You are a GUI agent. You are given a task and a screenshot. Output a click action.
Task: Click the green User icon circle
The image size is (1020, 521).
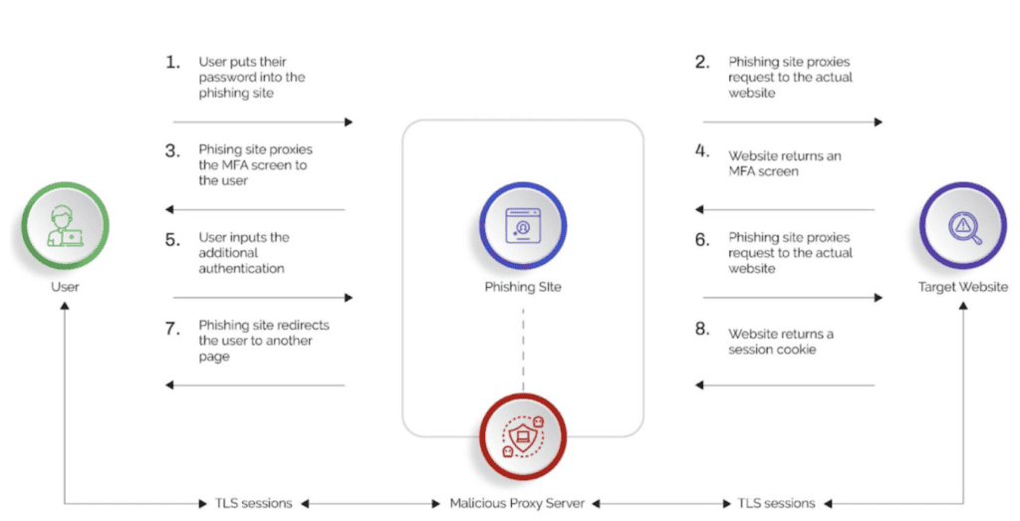point(65,228)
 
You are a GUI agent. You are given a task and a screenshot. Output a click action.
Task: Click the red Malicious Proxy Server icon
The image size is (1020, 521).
point(522,436)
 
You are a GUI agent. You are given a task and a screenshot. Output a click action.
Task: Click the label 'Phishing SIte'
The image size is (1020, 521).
point(522,288)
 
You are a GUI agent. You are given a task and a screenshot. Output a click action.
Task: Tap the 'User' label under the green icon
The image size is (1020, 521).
point(65,287)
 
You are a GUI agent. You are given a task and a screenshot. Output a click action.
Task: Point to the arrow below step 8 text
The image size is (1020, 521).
point(786,385)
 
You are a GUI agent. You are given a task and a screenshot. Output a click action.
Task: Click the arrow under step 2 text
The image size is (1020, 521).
point(792,122)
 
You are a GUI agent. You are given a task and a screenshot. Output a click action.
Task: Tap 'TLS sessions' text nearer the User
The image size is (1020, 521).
point(254,503)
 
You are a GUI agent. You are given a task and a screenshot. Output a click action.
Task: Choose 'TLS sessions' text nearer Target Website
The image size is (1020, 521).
point(776,503)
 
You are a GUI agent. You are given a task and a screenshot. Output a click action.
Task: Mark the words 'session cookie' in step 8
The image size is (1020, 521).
point(772,350)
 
